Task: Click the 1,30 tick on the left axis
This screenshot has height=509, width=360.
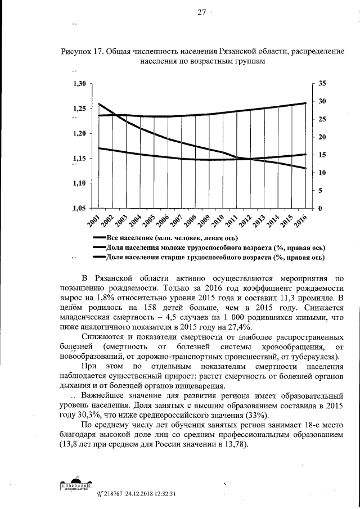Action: coord(79,84)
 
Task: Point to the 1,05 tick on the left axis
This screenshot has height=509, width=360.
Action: coord(79,208)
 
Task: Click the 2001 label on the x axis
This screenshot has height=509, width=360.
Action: coord(93,220)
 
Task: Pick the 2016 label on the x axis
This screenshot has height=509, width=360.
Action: coord(300,220)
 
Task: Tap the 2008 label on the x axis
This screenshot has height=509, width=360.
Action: coord(190,220)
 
